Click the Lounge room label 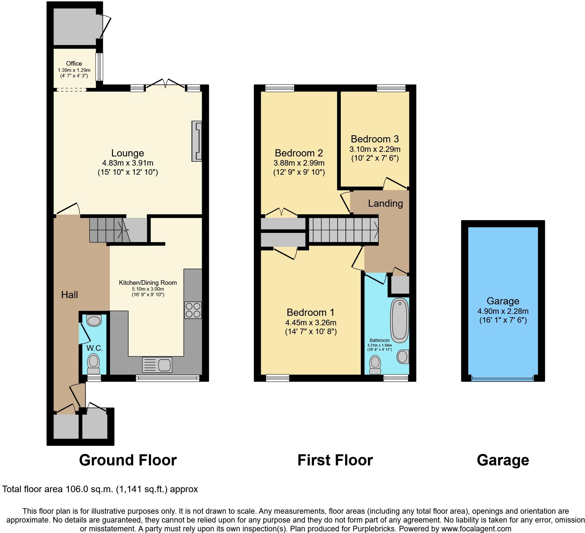128,153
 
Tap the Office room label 74,63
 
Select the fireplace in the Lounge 197,141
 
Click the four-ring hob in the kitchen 193,310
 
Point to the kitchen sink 157,365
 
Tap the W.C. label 95,348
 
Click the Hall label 70,295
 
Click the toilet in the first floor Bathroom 375,365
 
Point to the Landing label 386,203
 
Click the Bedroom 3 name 375,139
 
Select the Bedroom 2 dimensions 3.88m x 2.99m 299,163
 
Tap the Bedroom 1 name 310,313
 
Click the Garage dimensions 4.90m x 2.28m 503,311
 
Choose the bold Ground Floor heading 128,460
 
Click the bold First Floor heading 335,460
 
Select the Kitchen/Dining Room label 148,283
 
